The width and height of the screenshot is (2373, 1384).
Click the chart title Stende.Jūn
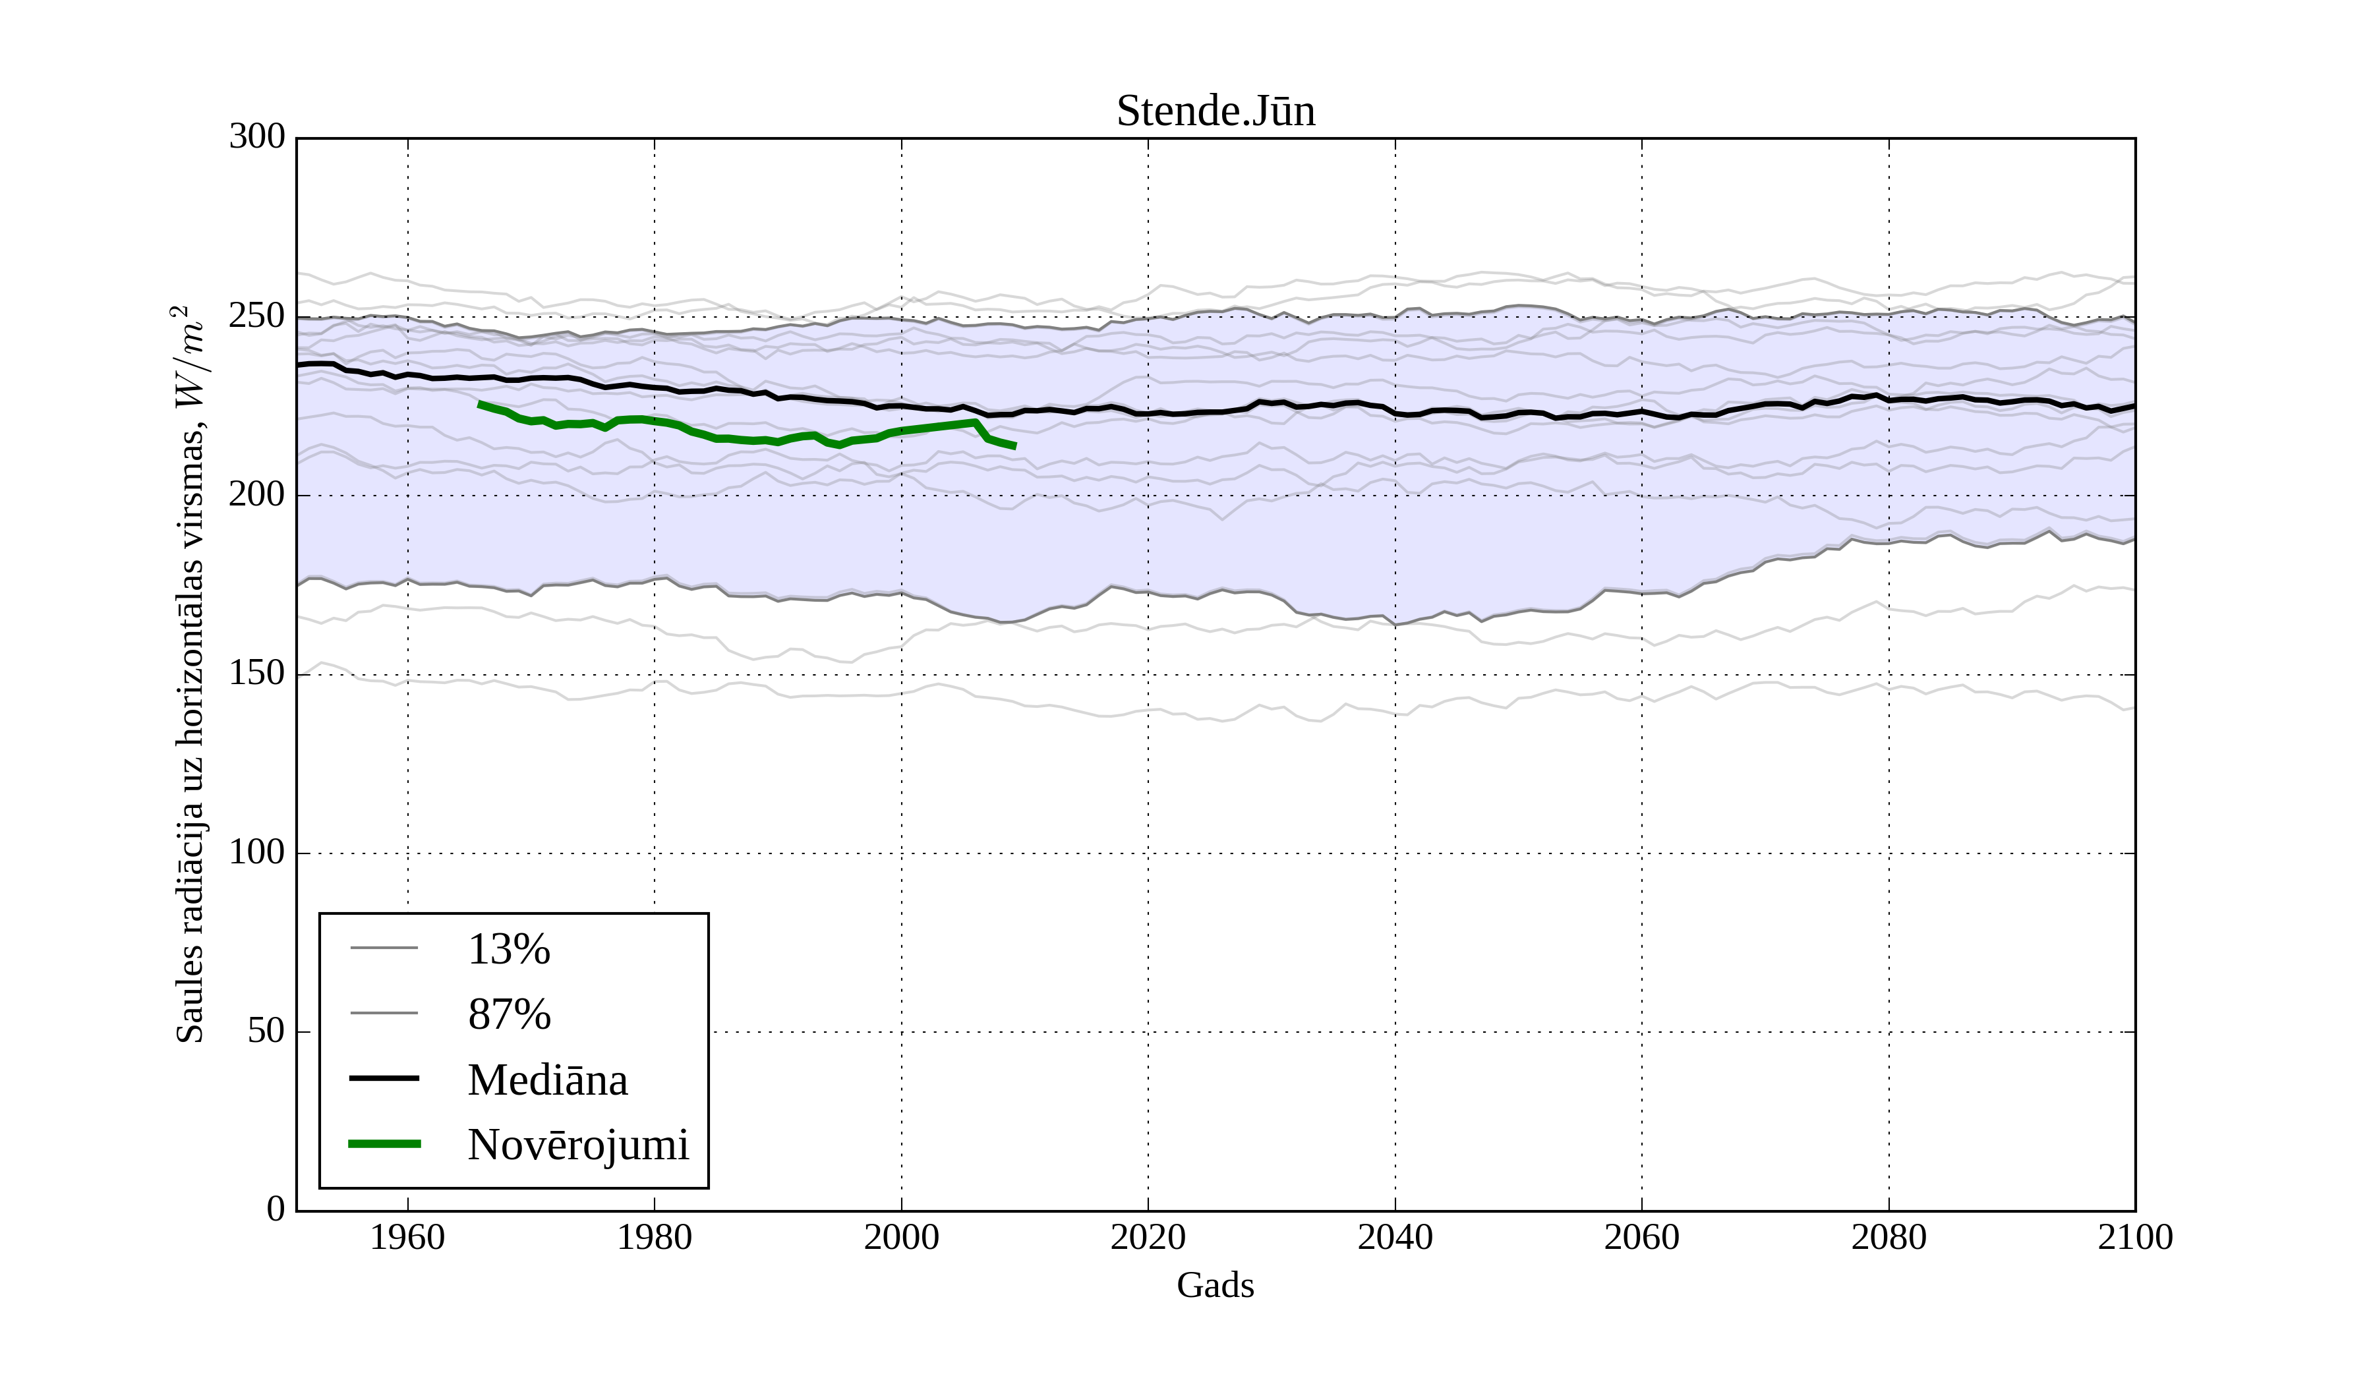coord(1215,111)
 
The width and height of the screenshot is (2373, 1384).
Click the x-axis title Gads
coord(1215,1285)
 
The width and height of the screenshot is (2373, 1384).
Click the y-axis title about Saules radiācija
coord(190,674)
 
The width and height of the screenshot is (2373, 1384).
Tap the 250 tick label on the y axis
coord(257,316)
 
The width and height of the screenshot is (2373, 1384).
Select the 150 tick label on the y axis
coord(257,674)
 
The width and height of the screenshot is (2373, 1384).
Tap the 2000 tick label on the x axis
coord(901,1237)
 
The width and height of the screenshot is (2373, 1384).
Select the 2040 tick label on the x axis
coord(1395,1237)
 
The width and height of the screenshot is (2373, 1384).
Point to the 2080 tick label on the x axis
coord(1888,1237)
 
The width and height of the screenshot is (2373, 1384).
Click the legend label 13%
coord(508,949)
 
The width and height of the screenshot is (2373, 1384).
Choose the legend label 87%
coord(508,1014)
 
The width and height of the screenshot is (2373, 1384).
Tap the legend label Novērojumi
coord(578,1145)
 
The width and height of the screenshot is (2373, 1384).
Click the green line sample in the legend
coord(384,1144)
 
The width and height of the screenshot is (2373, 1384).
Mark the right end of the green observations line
coord(1015,446)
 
